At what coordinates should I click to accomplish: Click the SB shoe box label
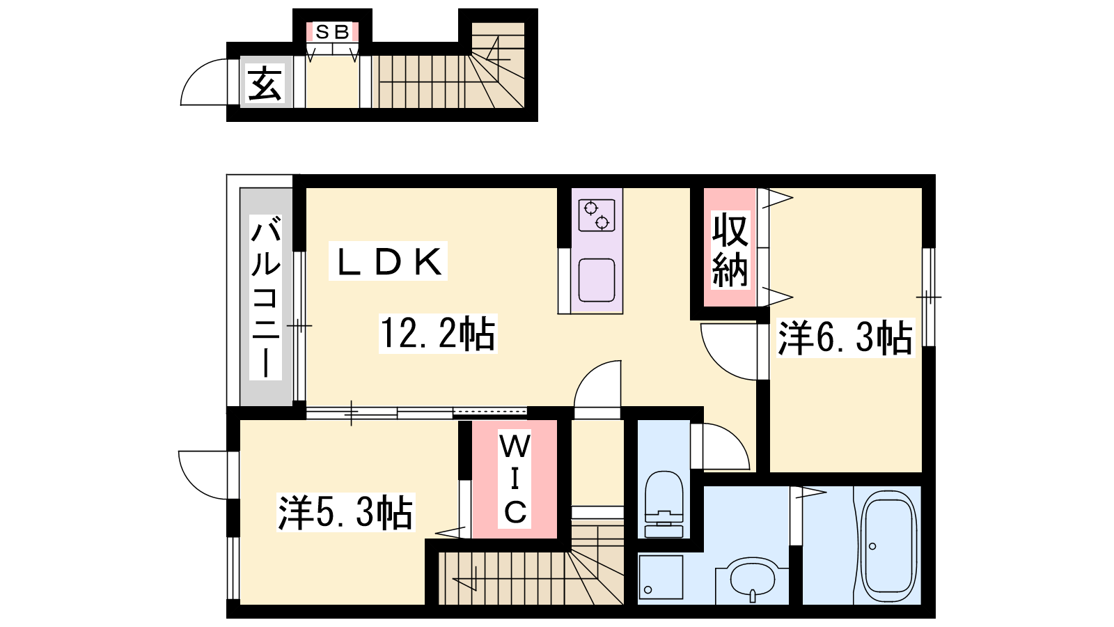coord(332,32)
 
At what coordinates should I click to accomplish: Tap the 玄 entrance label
coord(265,83)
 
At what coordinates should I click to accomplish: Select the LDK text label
coord(389,261)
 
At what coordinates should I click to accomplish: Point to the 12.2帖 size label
coord(438,334)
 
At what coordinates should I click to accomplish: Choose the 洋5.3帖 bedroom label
coord(345,513)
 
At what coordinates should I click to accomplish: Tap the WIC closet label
coord(515,479)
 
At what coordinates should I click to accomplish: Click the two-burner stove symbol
coord(597,215)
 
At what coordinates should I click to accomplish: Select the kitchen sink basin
coord(597,280)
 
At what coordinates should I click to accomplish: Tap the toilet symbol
coord(664,504)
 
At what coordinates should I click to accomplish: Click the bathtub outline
coord(888,546)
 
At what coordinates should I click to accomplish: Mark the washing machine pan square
coord(661,578)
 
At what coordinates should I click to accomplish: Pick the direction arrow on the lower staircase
coord(465,579)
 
